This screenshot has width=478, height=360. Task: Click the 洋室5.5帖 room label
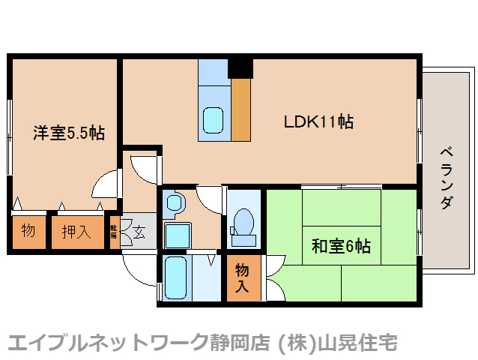point(67,134)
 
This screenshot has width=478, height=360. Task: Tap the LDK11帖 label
point(318,121)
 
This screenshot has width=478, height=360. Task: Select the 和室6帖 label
point(341,245)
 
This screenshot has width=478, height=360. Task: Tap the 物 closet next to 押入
point(28,231)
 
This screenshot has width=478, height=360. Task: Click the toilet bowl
point(243,223)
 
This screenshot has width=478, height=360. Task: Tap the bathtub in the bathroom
point(178,278)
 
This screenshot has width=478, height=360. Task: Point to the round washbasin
point(175,202)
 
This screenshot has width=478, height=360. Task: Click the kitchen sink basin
point(214,119)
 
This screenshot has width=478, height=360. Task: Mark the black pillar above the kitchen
point(240,67)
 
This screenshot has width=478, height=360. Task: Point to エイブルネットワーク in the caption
point(106,343)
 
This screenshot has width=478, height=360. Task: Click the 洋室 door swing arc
point(106,183)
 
